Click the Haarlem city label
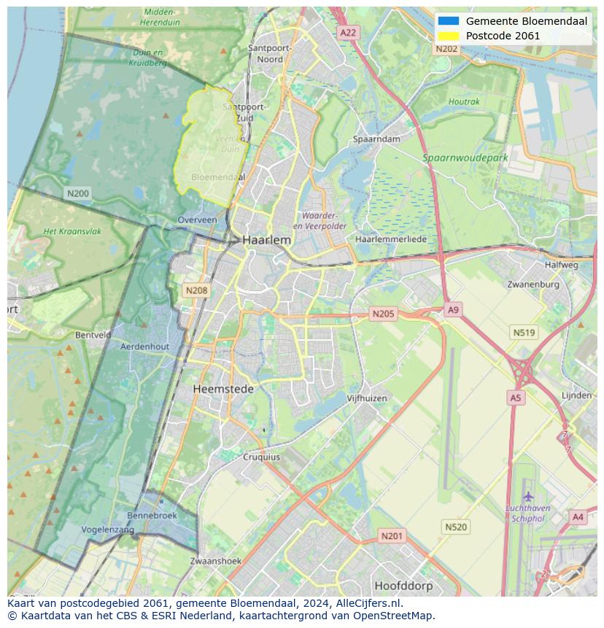tap(266, 240)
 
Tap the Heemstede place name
tap(223, 389)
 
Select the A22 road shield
tap(349, 33)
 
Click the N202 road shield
tap(446, 49)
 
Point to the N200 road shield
tap(77, 193)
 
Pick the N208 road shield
tap(196, 290)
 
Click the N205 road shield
tap(383, 314)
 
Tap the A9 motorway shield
tap(453, 310)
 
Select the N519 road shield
tap(524, 333)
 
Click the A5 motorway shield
tap(516, 398)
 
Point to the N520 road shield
tap(456, 527)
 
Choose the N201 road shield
tap(392, 536)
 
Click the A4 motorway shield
tap(578, 517)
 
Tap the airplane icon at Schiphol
tap(528, 497)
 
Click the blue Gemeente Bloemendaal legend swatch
tap(449, 21)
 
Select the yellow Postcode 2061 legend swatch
tap(449, 36)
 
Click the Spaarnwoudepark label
tap(465, 158)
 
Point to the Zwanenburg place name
tap(533, 284)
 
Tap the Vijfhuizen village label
tap(367, 398)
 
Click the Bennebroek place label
tap(152, 515)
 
